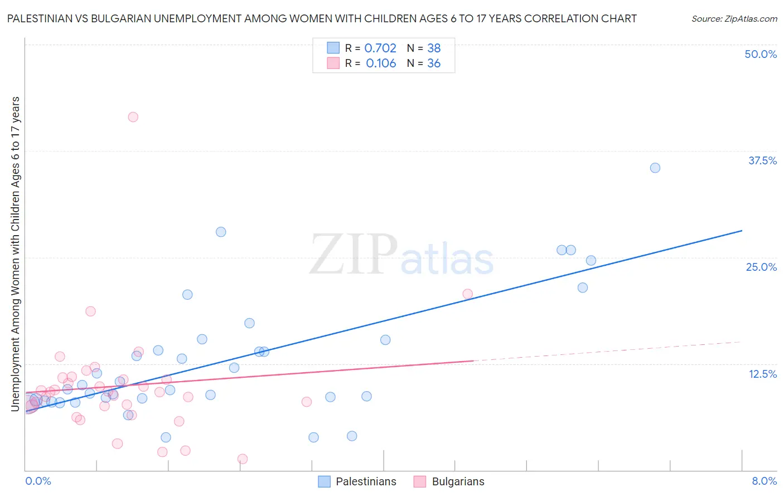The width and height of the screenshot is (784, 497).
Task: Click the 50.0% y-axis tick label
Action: (761, 54)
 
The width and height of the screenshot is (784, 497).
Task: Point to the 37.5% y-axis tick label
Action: (762, 160)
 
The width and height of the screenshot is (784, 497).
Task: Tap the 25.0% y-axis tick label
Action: (761, 267)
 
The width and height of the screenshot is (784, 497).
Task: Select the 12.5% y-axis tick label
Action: (762, 374)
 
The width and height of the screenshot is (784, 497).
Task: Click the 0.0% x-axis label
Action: (38, 481)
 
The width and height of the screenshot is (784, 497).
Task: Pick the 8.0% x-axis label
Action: (764, 481)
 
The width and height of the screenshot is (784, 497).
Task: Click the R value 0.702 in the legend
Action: (380, 48)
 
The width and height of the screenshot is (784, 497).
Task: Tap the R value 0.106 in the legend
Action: (381, 64)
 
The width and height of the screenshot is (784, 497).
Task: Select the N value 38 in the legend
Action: (434, 48)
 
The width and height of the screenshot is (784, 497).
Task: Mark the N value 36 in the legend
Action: (434, 64)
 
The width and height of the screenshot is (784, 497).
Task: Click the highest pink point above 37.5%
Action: (133, 117)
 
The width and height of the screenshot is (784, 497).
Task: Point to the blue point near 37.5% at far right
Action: (655, 168)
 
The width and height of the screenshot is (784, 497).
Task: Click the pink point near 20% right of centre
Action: (468, 294)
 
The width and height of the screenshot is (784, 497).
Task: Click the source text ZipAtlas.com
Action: (734, 19)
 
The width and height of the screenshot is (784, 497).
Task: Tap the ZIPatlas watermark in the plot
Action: (401, 256)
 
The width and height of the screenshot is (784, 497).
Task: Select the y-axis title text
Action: (16, 254)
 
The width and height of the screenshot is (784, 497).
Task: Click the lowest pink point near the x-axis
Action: (243, 459)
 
